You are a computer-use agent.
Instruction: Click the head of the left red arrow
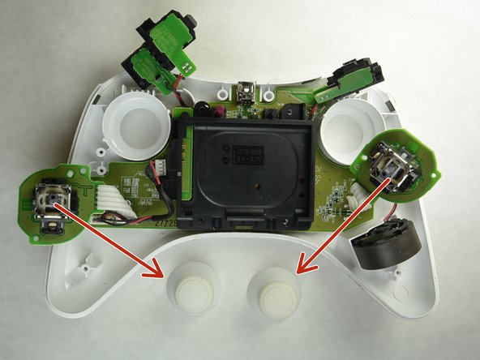pos(151,272)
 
